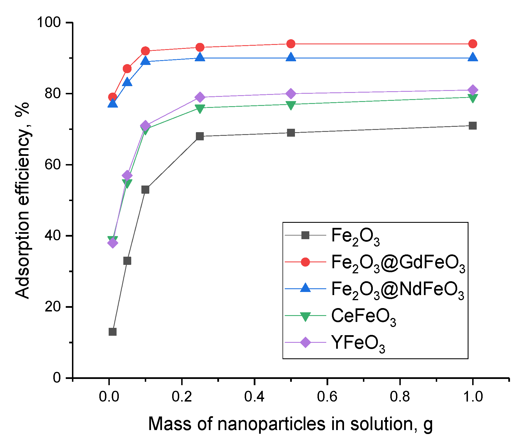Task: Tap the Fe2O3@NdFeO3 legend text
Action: [397, 290]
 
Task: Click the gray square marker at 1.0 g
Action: [473, 126]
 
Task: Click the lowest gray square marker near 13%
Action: [113, 332]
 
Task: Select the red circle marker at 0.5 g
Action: [291, 44]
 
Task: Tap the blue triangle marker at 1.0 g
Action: [473, 57]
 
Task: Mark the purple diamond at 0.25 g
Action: [200, 97]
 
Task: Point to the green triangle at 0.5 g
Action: [291, 105]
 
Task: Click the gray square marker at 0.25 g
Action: [200, 136]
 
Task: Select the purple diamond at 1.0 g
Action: [473, 90]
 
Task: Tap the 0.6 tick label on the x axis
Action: [327, 397]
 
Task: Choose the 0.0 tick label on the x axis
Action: [109, 397]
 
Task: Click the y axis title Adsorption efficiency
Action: [23, 200]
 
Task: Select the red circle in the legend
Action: [305, 262]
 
